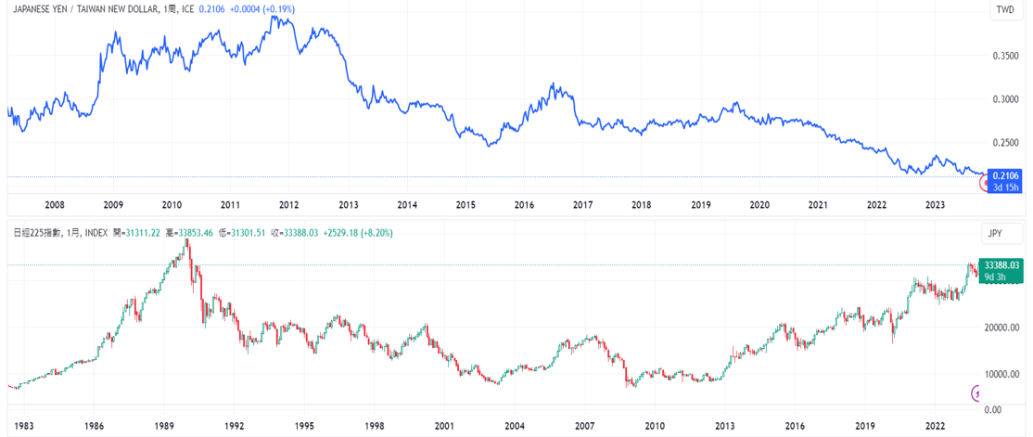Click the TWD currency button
1004,11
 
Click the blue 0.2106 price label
1006,174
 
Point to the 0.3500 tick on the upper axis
1005,57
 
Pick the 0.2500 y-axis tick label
1005,143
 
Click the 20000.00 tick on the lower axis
1005,328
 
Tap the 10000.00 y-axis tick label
1005,375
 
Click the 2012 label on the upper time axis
289,204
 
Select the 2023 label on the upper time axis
935,204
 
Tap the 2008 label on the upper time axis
54,204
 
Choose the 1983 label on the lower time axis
23,426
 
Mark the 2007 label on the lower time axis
583,426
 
